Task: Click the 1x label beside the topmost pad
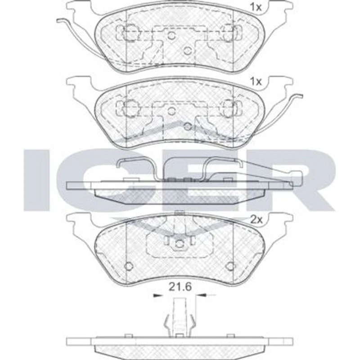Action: [256, 7]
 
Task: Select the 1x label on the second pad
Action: [256, 81]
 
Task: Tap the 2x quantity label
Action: [256, 220]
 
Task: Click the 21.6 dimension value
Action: [180, 287]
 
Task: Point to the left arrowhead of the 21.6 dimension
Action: [157, 295]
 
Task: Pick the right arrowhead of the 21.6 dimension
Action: [203, 295]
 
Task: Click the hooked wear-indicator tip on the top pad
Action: [60, 20]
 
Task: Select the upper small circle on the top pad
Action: [171, 36]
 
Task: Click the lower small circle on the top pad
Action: [188, 50]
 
